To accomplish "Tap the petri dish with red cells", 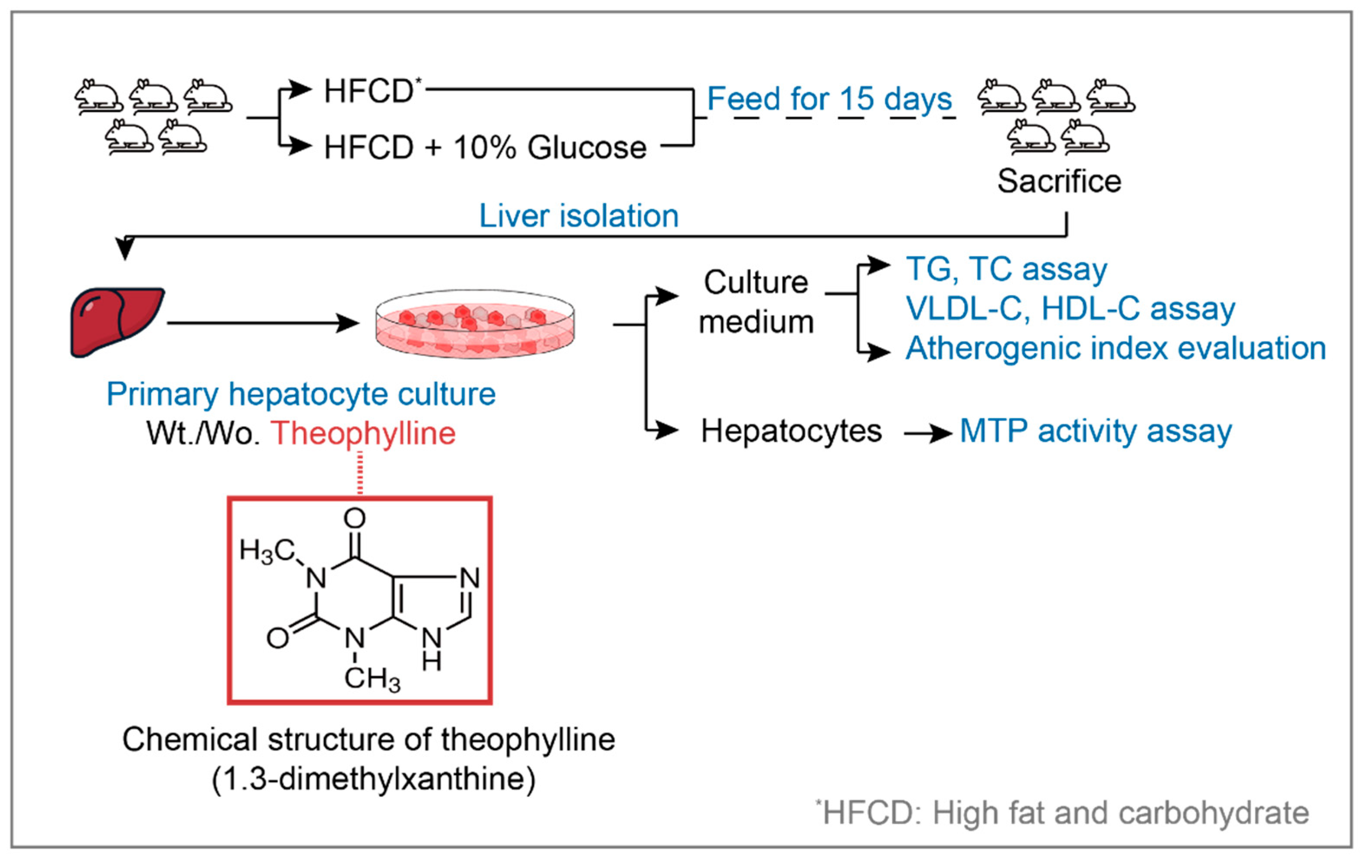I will [x=475, y=323].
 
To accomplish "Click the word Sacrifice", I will [x=1058, y=182].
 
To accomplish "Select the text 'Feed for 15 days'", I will [x=829, y=100].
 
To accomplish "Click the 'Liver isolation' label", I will [x=579, y=216].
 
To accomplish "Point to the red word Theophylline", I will [x=363, y=433].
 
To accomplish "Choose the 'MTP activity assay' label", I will [x=1096, y=431].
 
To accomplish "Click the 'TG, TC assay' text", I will [x=1006, y=269].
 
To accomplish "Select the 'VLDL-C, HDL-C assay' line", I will [x=1070, y=309].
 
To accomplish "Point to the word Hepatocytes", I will [x=791, y=431].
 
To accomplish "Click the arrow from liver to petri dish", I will [x=263, y=323].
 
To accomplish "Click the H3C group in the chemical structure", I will [x=267, y=550].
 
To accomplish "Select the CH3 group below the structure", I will [x=372, y=678].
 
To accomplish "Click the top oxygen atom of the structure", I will [x=355, y=518].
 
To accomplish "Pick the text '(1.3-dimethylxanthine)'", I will [x=373, y=779].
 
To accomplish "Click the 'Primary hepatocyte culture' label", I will [x=301, y=394].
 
